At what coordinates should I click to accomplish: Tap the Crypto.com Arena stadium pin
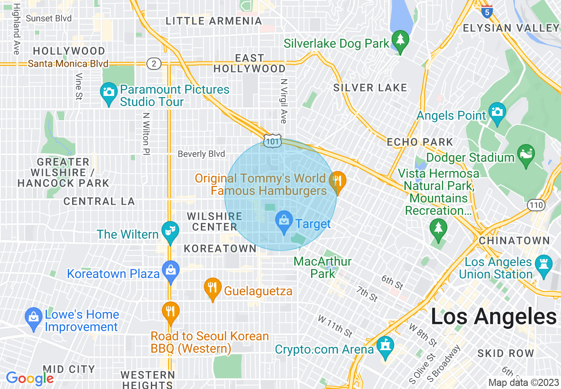click(385, 346)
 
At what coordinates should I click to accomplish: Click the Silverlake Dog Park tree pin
click(400, 41)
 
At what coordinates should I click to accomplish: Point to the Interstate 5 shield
click(487, 11)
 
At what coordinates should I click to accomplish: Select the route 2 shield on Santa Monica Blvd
click(154, 64)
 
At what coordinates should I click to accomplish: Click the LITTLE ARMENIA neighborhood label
click(214, 21)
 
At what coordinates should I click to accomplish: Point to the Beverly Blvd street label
click(201, 154)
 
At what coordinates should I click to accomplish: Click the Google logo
click(29, 378)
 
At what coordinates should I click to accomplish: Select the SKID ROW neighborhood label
click(506, 353)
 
